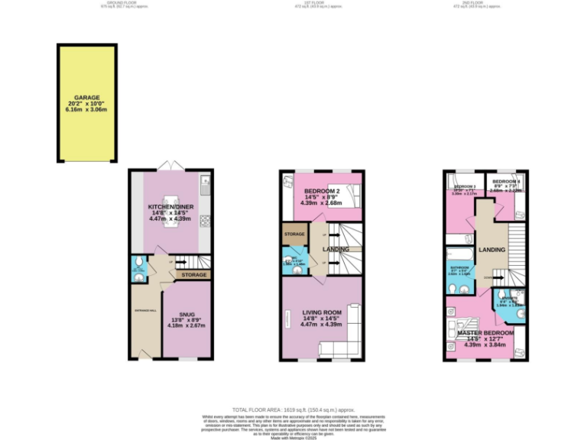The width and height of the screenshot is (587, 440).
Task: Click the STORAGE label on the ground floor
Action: click(x=193, y=273)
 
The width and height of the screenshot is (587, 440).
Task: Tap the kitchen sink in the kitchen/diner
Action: click(x=205, y=183)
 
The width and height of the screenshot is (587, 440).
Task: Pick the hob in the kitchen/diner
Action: click(x=205, y=222)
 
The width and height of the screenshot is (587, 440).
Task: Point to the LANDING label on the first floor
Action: click(x=336, y=249)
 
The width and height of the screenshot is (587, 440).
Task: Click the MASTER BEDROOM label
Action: click(x=485, y=334)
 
